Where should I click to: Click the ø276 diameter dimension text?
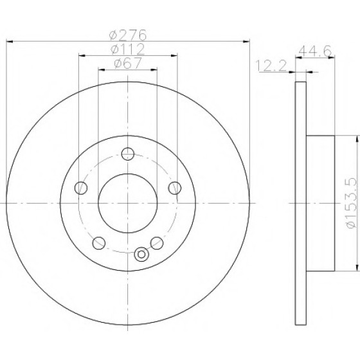(x=128, y=35)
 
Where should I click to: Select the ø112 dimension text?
(x=127, y=49)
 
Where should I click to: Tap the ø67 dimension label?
(x=127, y=63)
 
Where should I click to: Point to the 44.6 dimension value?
(x=315, y=51)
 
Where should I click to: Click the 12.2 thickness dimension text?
(x=271, y=66)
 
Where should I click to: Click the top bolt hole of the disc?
(x=128, y=154)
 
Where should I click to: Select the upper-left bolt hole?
(x=81, y=188)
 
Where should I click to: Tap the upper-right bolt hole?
(x=174, y=188)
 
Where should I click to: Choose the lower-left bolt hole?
(x=99, y=243)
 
